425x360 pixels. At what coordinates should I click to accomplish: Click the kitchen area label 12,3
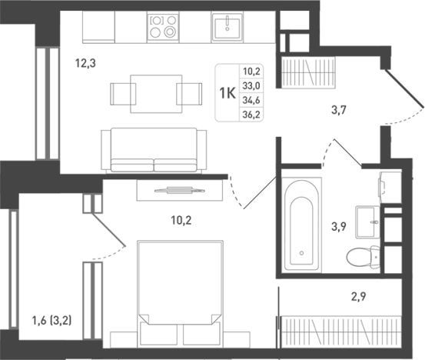coord(85,64)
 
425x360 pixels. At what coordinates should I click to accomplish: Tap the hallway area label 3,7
coord(339,110)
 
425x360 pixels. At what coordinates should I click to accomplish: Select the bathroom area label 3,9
coord(339,226)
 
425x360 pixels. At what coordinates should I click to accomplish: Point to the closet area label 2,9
coord(359,296)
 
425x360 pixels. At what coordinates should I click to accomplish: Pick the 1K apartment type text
coord(227,93)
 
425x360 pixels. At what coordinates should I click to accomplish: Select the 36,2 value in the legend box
coord(251,115)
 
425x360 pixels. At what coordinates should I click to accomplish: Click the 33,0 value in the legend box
coord(251,86)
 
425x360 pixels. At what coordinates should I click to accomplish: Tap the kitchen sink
coord(227,28)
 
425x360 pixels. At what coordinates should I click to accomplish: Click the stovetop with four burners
coord(163,27)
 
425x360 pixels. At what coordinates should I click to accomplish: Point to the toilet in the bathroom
coord(364,257)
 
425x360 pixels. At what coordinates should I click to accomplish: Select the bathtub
coord(301,225)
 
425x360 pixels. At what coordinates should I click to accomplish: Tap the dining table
coord(156,94)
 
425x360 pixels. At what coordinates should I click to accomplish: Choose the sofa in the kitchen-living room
coord(154,150)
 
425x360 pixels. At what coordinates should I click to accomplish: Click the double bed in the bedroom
coord(181,294)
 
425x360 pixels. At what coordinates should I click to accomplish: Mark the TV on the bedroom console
coord(180,191)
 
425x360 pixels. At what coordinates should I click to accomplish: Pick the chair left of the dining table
coord(123,94)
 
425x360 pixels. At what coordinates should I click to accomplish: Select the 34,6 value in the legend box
coord(251,100)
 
